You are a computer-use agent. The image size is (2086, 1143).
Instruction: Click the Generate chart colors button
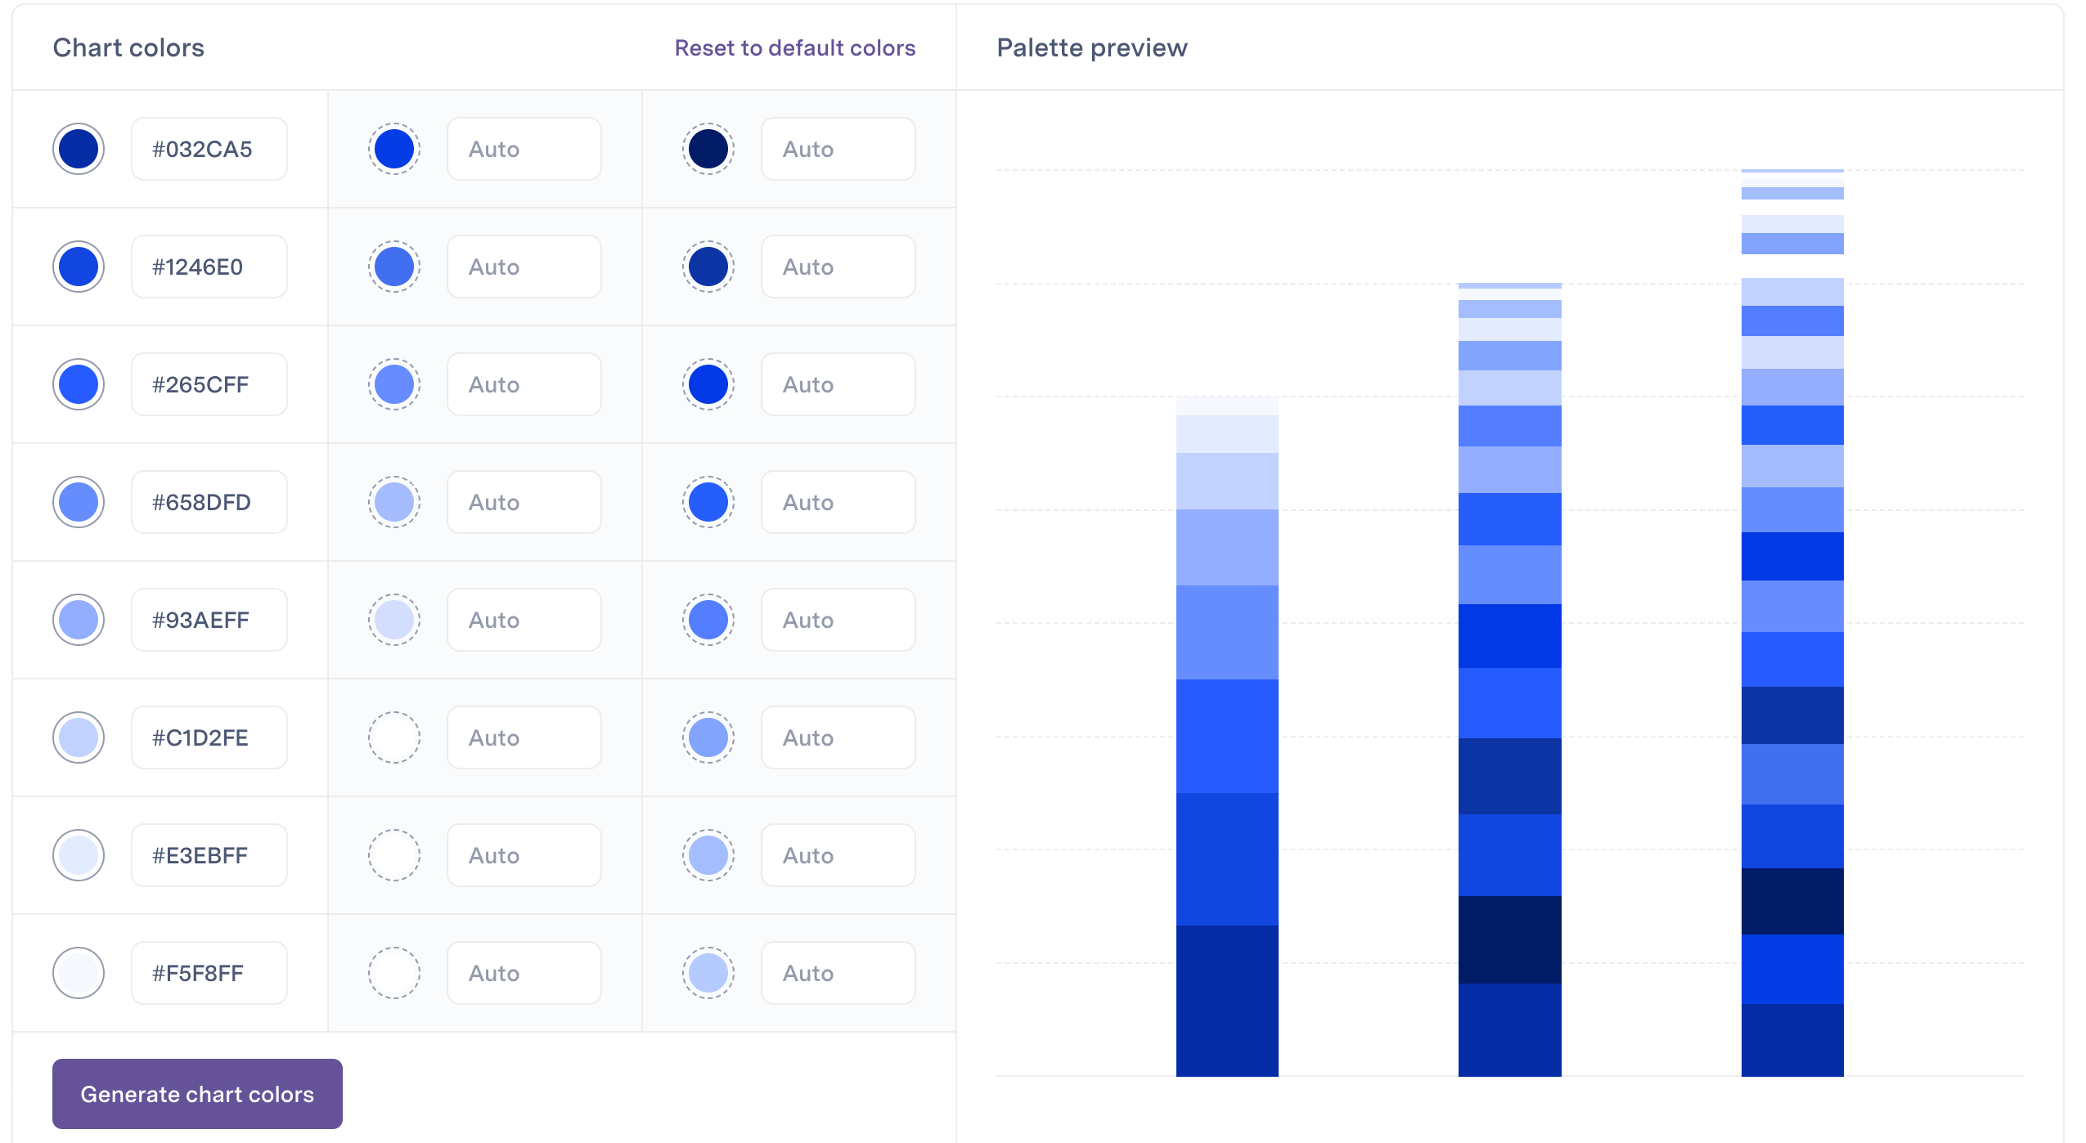click(197, 1094)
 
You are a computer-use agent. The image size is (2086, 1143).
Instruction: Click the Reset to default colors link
click(794, 48)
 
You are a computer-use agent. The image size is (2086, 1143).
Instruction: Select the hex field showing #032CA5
click(209, 149)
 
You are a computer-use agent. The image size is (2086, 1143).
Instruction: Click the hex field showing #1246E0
click(209, 267)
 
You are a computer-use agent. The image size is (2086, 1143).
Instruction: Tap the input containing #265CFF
click(209, 384)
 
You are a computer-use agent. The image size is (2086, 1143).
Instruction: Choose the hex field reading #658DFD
click(209, 502)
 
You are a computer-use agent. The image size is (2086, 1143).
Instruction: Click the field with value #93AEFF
click(209, 620)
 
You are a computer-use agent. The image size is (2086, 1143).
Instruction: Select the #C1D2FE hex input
click(209, 737)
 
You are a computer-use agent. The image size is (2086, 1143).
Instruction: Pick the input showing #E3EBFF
click(209, 855)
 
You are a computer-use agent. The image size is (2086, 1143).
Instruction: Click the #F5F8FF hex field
click(209, 973)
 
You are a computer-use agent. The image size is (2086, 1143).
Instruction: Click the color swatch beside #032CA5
click(79, 149)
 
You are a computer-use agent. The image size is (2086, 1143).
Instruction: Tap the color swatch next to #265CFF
click(79, 384)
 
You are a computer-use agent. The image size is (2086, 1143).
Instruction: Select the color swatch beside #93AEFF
click(79, 620)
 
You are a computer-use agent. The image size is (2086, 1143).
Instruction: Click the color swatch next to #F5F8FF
click(79, 973)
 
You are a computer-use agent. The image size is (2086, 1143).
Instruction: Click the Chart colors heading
click(128, 48)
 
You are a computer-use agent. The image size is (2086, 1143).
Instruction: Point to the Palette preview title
click(1091, 48)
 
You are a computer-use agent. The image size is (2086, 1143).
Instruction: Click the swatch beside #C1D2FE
click(79, 737)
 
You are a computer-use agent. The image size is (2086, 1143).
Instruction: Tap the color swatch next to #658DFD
click(79, 502)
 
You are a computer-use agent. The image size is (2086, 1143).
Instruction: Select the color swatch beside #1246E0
click(79, 267)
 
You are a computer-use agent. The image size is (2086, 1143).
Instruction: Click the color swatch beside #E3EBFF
click(79, 855)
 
